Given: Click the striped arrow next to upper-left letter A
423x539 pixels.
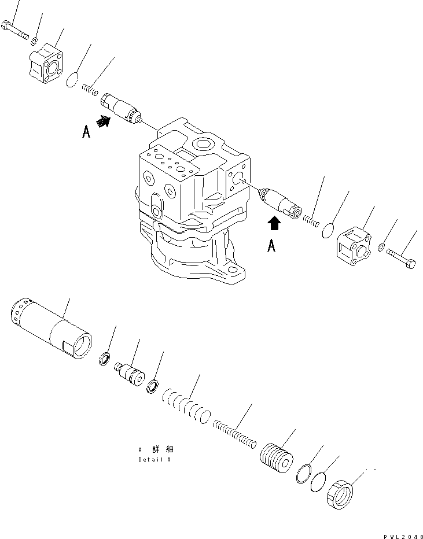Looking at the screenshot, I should click(x=103, y=121).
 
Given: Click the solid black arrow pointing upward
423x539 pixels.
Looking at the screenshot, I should click(x=274, y=223).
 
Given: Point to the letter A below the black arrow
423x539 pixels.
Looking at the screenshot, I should click(x=271, y=246).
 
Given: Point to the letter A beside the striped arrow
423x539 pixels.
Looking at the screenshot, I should click(x=86, y=132).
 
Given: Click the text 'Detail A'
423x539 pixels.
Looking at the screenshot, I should click(x=155, y=460).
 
